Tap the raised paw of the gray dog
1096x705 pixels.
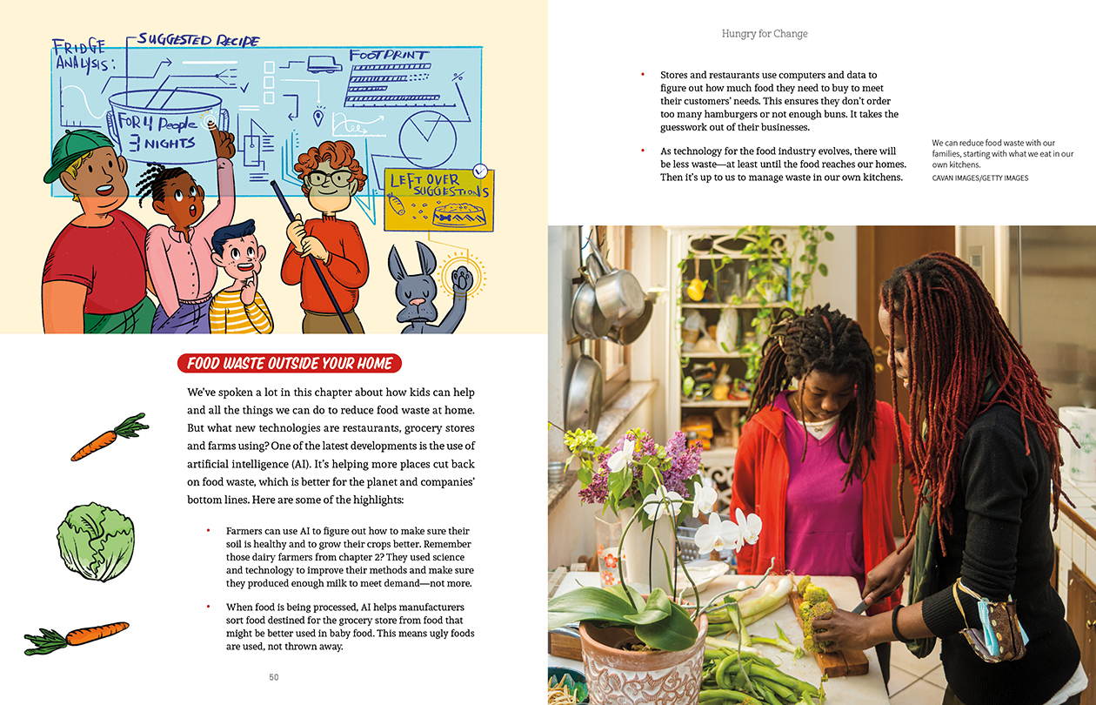tap(462, 279)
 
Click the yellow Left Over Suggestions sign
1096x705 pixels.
tap(439, 200)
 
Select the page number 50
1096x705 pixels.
tap(273, 677)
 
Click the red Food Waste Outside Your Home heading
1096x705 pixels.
tap(290, 363)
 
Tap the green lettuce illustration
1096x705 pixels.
tap(96, 541)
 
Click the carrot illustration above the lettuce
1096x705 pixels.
tap(110, 437)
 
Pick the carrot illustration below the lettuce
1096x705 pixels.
tap(77, 638)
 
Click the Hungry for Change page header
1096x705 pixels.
tap(765, 34)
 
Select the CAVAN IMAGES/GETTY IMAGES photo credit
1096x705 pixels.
tap(980, 178)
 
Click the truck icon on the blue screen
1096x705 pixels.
tap(324, 64)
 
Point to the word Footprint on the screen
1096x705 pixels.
tap(389, 56)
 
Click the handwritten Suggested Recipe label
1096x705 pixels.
tap(198, 40)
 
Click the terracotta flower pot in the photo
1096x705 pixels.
tap(642, 661)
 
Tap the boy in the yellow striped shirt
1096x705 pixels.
tap(240, 279)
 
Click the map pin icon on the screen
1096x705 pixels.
tap(318, 118)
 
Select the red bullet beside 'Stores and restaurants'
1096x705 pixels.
tap(643, 75)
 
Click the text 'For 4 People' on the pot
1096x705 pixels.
tap(157, 123)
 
